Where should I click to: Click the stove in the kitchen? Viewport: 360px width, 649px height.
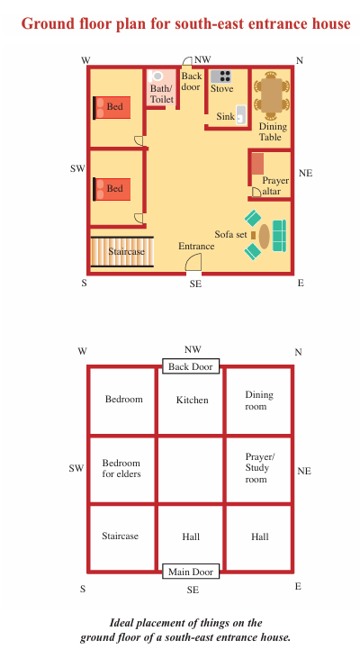tap(220, 77)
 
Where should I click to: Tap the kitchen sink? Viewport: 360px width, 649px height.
tap(241, 115)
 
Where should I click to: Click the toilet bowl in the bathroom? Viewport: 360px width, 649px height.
tap(157, 76)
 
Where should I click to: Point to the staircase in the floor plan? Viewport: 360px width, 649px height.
tap(122, 252)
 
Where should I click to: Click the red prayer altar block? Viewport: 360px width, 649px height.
tap(257, 164)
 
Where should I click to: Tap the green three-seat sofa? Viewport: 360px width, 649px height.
tap(279, 236)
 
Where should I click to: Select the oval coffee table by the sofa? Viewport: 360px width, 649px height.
tap(265, 236)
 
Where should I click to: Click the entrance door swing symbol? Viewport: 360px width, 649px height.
tap(193, 262)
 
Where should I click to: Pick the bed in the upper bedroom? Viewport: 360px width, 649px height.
tap(112, 107)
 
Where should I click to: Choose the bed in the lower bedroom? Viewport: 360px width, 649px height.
tap(112, 189)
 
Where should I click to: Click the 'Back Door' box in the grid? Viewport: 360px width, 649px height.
tap(190, 366)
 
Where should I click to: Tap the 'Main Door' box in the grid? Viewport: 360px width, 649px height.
tap(190, 572)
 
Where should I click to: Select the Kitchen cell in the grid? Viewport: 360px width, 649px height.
tap(190, 401)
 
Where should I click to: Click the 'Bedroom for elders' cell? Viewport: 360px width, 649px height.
tap(122, 470)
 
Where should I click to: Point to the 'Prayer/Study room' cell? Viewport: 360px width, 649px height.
tap(258, 470)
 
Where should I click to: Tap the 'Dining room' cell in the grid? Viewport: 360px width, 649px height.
tap(258, 401)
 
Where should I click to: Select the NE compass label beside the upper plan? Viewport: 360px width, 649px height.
tap(305, 173)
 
